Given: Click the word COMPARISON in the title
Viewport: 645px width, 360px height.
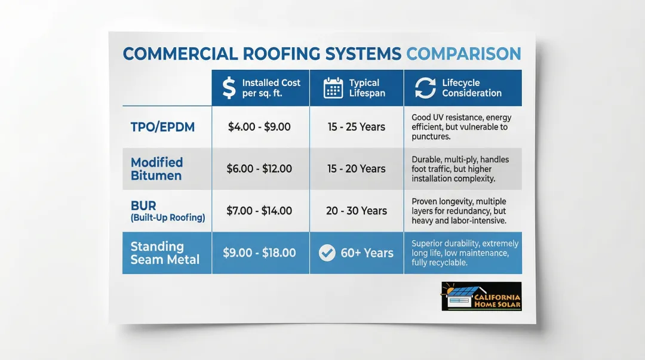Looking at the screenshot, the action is click(463, 54).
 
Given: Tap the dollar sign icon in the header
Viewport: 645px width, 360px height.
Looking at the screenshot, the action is click(229, 88).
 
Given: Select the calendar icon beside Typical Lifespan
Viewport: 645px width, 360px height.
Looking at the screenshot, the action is click(333, 88).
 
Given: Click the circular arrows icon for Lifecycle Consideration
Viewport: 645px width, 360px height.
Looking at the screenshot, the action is click(425, 88).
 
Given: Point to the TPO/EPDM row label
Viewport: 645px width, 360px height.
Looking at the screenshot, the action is click(162, 127).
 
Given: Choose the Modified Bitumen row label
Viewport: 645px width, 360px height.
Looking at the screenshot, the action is click(156, 169).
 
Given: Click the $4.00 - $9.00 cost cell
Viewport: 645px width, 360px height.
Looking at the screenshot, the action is click(259, 127).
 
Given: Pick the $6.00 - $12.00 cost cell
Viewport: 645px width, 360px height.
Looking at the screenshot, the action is click(259, 169).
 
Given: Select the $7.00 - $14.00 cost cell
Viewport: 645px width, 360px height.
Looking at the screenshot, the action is click(259, 211).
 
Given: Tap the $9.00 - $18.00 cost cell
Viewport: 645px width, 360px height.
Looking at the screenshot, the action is click(259, 253).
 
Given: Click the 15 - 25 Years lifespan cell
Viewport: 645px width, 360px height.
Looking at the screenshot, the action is click(356, 127).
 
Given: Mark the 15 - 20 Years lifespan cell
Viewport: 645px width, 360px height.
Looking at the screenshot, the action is click(356, 169).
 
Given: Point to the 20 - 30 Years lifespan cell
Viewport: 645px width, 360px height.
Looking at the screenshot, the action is click(356, 211).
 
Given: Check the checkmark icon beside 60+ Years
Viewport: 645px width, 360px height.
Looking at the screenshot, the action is click(327, 253).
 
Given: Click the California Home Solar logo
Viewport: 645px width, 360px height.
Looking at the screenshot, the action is click(481, 296).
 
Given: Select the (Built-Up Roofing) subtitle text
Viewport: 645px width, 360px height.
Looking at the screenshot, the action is click(168, 218).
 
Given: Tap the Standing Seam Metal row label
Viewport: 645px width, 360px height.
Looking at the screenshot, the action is click(165, 253).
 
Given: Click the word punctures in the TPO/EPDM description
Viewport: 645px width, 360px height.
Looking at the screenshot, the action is click(431, 137).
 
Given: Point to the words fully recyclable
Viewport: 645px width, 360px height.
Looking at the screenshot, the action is click(440, 263).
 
